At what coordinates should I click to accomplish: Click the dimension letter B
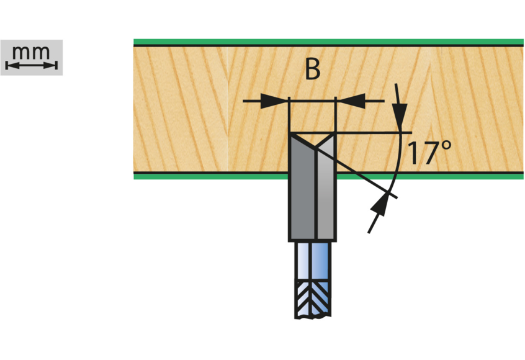312,70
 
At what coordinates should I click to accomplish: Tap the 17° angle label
428,153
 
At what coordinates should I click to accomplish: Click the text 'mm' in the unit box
31,52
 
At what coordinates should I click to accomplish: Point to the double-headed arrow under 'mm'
31,65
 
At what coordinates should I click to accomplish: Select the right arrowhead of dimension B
351,101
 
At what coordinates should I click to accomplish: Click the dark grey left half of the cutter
302,196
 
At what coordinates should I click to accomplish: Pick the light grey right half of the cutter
326,196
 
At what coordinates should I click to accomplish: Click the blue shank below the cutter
312,261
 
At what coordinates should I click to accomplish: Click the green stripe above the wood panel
329,42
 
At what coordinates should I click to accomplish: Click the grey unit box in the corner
31,57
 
